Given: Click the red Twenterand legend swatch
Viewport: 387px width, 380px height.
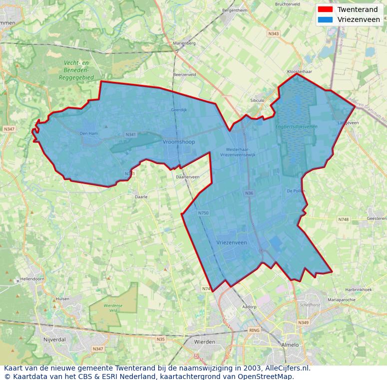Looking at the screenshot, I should [x=325, y=9].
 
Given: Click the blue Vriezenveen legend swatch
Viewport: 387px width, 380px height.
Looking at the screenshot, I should [x=325, y=20].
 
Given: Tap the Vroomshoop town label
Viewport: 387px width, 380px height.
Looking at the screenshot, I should [x=179, y=142].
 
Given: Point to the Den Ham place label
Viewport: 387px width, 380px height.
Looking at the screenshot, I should [x=89, y=133].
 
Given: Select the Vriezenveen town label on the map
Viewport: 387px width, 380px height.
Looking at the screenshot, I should [x=232, y=243].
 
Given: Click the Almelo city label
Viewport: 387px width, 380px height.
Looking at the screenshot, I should [x=290, y=345].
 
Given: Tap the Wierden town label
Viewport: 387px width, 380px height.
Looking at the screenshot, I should [x=205, y=342].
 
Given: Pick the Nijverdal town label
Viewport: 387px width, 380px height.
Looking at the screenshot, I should [x=55, y=339].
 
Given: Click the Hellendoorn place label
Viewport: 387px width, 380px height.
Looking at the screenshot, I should [x=32, y=279].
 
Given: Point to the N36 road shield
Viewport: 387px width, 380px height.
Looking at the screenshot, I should [x=249, y=193].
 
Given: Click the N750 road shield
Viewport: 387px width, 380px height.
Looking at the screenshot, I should [x=203, y=213].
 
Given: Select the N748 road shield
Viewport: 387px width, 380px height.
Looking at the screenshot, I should [x=344, y=219].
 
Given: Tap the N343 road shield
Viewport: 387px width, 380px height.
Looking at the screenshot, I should [x=274, y=34].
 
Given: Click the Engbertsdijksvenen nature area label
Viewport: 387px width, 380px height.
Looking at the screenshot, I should [x=296, y=127].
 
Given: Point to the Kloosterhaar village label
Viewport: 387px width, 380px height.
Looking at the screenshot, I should [x=300, y=72].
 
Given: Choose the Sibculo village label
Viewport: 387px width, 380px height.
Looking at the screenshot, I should [x=257, y=100].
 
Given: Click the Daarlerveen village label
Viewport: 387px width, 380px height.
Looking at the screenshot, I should [x=188, y=177].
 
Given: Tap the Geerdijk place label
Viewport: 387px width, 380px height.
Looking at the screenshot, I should [x=179, y=110].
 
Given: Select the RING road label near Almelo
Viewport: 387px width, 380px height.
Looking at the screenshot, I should [x=255, y=331].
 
